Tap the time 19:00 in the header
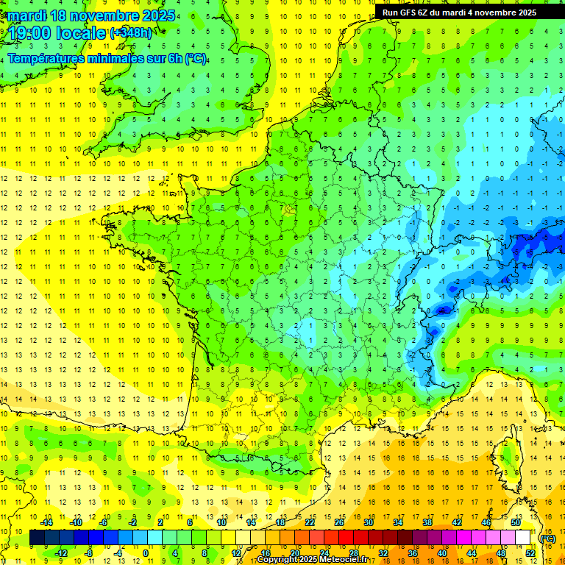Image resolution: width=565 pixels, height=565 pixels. pos(34,33)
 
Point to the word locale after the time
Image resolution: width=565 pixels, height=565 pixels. pos(83,33)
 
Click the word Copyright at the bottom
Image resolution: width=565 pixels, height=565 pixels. pos(278,560)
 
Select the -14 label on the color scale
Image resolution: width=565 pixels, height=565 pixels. pos(46,522)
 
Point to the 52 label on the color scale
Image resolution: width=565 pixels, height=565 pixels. pos(530,553)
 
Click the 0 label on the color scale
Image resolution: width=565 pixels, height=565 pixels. pos(146,553)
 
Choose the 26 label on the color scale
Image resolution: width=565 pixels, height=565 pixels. pos(339,522)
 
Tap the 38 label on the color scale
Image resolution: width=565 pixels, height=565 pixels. pos(427,522)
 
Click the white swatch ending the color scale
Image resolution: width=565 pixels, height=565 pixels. pos(522,538)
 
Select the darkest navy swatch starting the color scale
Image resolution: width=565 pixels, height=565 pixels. pos(37,538)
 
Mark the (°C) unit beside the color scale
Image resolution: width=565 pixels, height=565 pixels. pos(547,538)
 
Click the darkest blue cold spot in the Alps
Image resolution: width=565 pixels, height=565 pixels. pos(441,310)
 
